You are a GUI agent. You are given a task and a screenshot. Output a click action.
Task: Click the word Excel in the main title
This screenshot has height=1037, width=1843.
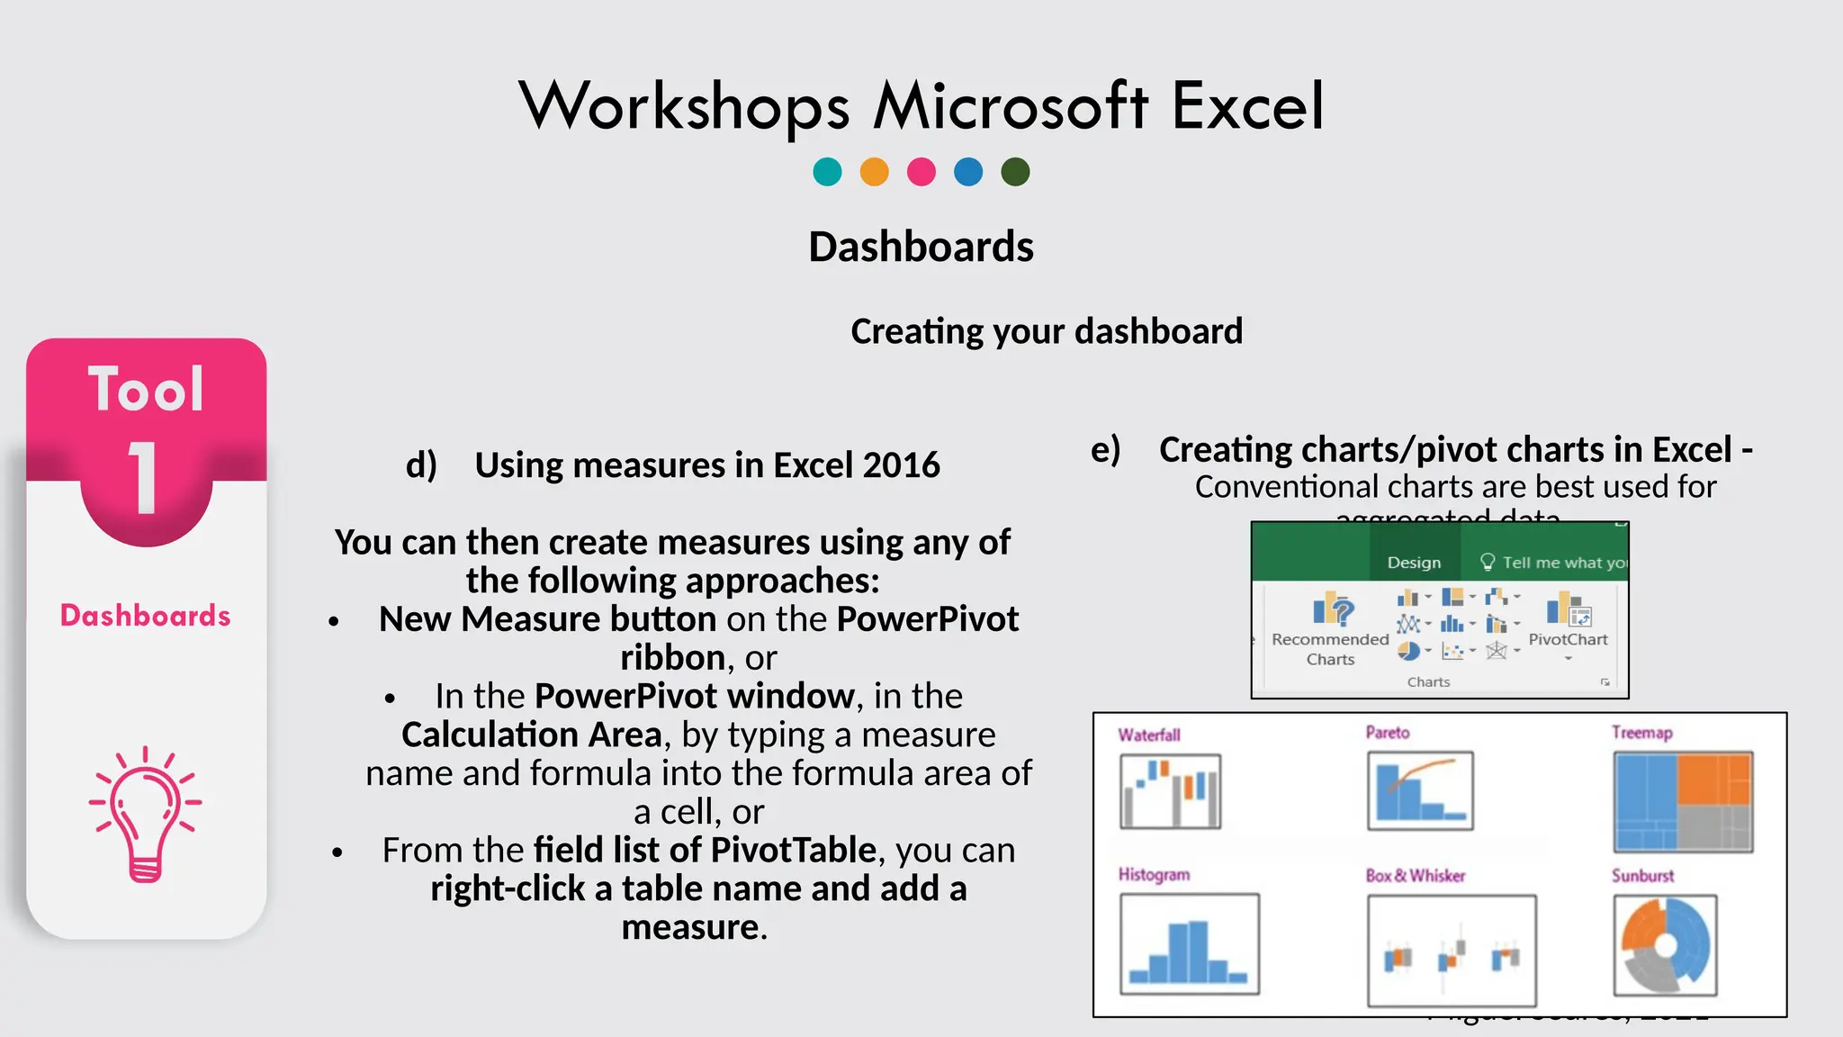click(1247, 106)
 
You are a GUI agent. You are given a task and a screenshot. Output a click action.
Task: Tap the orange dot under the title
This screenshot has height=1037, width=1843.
click(874, 171)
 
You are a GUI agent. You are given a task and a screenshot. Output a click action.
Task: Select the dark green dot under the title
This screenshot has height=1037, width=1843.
click(1015, 171)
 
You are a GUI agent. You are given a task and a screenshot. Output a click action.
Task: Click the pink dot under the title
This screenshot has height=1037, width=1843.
click(921, 171)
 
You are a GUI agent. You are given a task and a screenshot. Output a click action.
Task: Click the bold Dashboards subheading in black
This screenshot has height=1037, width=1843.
click(921, 247)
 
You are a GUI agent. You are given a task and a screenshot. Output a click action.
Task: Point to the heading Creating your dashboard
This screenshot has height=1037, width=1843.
click(1046, 331)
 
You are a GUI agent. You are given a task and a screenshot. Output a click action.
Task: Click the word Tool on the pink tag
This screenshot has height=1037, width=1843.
click(146, 390)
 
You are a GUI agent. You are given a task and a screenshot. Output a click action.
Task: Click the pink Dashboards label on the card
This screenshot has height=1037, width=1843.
click(146, 616)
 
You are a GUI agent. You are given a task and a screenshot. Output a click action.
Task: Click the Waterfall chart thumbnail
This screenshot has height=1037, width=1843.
click(1170, 791)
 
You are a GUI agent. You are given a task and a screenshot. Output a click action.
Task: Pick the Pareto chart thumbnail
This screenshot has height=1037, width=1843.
click(1420, 790)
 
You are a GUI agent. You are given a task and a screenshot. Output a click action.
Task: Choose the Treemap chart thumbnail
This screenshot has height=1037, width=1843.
click(1683, 802)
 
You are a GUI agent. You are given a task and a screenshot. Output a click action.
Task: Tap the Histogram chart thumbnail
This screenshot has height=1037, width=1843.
click(1189, 943)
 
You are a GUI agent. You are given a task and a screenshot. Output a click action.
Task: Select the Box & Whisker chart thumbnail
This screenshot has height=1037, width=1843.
click(1451, 951)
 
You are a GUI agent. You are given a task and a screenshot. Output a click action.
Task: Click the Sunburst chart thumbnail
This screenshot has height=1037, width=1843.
click(1665, 945)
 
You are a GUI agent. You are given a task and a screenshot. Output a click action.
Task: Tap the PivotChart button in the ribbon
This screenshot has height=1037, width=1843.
click(1568, 613)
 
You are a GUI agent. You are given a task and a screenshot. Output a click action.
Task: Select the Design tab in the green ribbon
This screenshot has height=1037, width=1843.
click(1414, 563)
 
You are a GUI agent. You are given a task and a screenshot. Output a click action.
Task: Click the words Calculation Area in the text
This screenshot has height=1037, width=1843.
click(532, 735)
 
